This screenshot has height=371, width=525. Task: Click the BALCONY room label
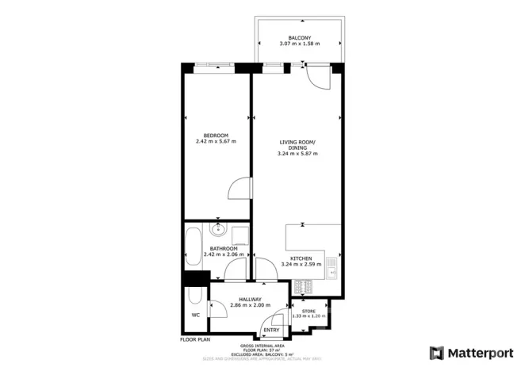[x=299, y=36]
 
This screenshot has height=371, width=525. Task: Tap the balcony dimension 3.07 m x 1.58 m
[x=299, y=44]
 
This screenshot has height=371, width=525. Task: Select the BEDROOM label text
[x=216, y=135]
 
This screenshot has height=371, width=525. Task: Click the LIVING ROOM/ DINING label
[x=297, y=144]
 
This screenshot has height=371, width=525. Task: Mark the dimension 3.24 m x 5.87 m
[x=297, y=154]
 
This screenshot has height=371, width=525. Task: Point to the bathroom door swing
[x=236, y=272]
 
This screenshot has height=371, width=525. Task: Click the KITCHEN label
[x=301, y=259]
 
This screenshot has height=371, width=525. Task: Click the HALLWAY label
[x=251, y=299]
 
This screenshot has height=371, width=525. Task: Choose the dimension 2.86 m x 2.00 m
[x=251, y=305]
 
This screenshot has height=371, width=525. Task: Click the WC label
[x=195, y=315]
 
